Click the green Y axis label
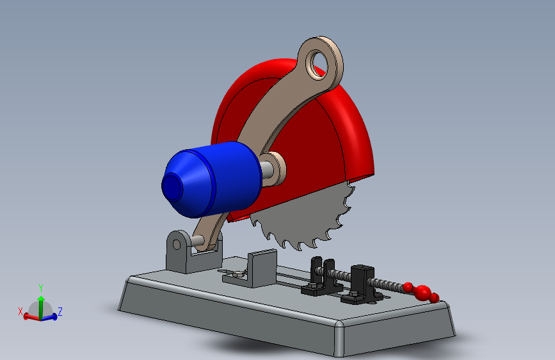click(x=41, y=288)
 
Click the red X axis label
click(x=20, y=311)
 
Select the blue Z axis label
click(x=60, y=312)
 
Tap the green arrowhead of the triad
click(x=41, y=299)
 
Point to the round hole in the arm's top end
click(x=319, y=64)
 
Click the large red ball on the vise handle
click(x=422, y=292)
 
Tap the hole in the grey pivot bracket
click(x=176, y=245)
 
